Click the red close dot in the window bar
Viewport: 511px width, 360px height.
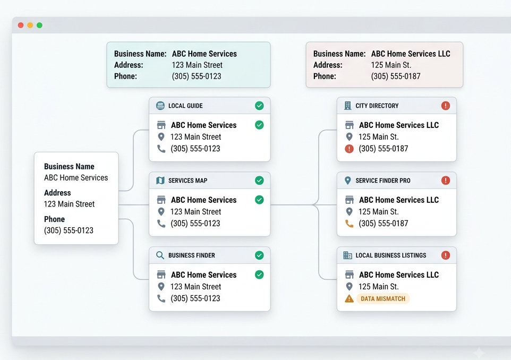[21, 25]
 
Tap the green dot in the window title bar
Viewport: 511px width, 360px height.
[39, 25]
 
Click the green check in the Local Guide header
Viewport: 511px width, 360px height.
[259, 106]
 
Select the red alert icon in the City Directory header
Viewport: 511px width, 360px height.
[446, 106]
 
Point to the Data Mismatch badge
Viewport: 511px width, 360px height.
[383, 299]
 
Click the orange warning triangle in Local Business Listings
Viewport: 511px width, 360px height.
[349, 298]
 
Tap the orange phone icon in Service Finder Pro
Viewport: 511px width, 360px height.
[349, 224]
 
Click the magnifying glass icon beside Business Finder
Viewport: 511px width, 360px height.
[160, 255]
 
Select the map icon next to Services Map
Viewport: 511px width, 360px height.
[160, 181]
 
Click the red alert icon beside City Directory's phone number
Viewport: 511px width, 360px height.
[349, 149]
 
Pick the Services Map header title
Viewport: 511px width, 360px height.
[188, 181]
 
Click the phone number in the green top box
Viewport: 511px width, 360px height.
[197, 76]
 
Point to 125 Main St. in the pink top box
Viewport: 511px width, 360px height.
[391, 65]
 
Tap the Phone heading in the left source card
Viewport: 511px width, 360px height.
[54, 219]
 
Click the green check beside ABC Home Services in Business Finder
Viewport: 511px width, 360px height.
[259, 275]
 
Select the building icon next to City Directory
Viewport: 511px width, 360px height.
[348, 106]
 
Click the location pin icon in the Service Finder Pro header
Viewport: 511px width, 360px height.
[348, 181]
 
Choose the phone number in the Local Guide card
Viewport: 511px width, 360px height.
[195, 149]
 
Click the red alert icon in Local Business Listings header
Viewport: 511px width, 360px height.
[446, 255]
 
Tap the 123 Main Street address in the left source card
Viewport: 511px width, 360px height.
[69, 204]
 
